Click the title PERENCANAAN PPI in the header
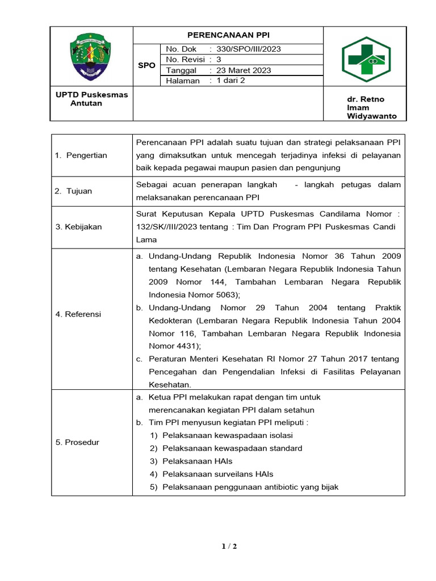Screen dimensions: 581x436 (228, 35)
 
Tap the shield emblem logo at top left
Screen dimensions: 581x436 (91, 57)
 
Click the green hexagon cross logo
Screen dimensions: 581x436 (365, 59)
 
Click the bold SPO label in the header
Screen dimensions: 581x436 (146, 65)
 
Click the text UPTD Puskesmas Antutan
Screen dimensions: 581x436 (91, 99)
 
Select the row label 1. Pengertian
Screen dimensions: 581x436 (81, 155)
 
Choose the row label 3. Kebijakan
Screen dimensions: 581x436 (79, 227)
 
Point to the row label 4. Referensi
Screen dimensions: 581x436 (78, 314)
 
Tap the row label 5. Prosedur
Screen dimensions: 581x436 (77, 442)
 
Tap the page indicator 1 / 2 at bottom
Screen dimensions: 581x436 (229, 546)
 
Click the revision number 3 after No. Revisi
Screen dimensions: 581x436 (219, 60)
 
